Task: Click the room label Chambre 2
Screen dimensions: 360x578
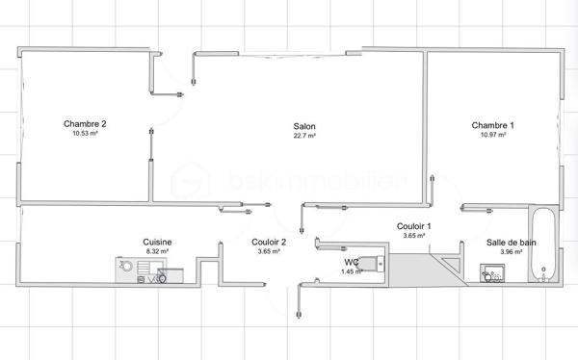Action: pos(85,123)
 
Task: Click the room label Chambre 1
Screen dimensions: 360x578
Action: pos(492,125)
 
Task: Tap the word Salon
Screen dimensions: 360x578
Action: pos(304,126)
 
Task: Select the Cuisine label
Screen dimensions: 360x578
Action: pos(157,242)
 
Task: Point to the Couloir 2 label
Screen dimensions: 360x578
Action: pos(269,242)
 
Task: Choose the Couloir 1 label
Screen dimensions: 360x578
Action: pos(414,226)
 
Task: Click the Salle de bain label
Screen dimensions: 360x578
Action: pos(504,242)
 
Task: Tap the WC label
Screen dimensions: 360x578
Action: pos(351,262)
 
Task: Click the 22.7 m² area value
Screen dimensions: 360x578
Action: pos(304,136)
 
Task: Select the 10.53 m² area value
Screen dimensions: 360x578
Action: pos(85,134)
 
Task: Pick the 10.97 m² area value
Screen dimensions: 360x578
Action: pos(492,136)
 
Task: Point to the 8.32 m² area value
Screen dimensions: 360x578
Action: pos(157,251)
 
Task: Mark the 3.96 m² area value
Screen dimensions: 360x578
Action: pos(504,251)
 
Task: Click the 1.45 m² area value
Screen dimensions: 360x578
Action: pos(352,271)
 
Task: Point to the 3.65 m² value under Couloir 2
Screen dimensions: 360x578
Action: pos(269,251)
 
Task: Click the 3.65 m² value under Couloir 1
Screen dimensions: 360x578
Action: pos(414,236)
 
